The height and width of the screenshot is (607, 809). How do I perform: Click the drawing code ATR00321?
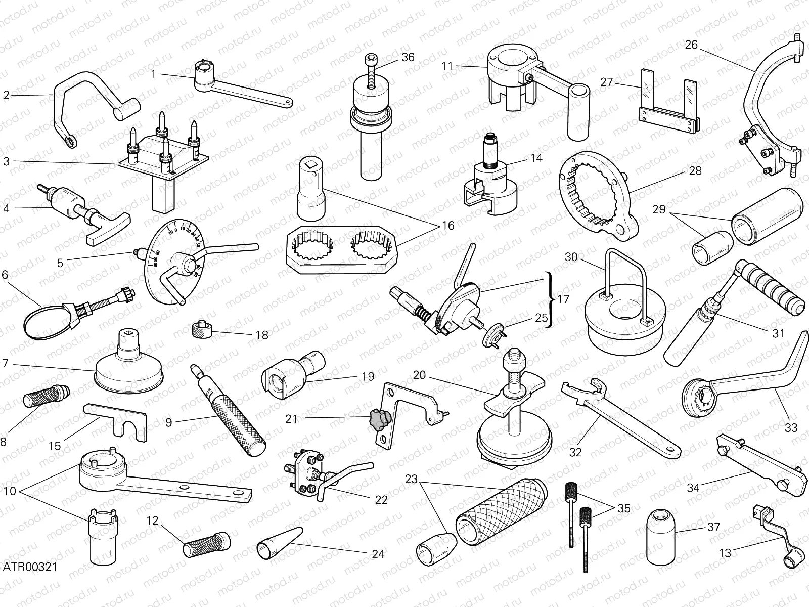pyautogui.click(x=29, y=566)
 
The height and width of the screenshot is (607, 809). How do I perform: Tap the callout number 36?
pyautogui.click(x=408, y=57)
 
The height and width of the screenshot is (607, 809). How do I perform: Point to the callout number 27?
pyautogui.click(x=607, y=82)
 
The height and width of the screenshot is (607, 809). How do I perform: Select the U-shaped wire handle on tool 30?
pyautogui.click(x=624, y=277)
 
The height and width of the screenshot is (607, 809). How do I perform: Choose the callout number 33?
pyautogui.click(x=791, y=427)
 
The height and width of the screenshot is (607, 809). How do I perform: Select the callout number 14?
pyautogui.click(x=536, y=158)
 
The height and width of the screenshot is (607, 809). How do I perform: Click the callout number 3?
pyautogui.click(x=6, y=162)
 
